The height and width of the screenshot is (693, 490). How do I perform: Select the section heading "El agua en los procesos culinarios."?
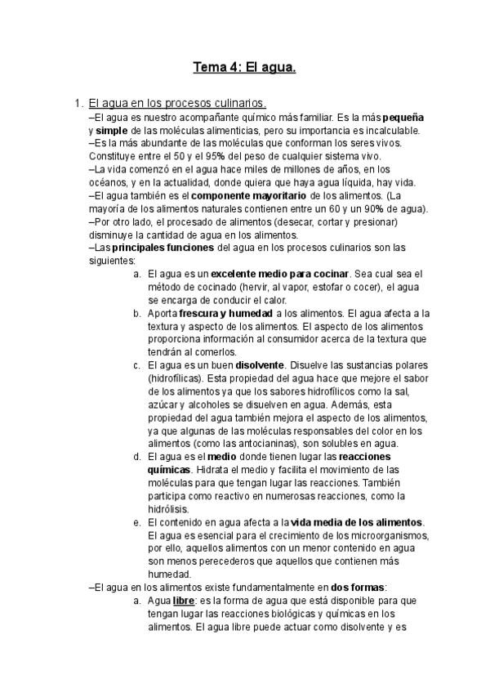tap(177, 104)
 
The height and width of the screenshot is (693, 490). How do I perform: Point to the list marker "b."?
tap(137, 313)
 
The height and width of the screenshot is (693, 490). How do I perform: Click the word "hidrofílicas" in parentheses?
tap(176, 378)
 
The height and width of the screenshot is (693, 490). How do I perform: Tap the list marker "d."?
tap(137, 457)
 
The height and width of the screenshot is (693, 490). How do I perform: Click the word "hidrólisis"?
tap(170, 508)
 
